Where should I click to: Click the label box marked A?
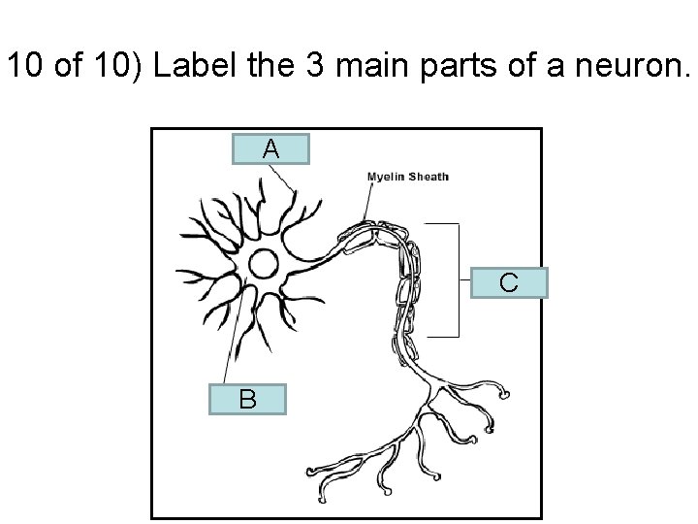coord(271,148)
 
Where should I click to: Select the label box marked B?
coord(248,399)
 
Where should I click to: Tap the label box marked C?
coord(508,282)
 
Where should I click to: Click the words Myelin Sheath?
coord(407,177)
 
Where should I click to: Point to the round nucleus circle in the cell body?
coord(264,263)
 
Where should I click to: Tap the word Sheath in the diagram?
coord(428,177)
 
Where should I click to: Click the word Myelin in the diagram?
coord(385,177)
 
